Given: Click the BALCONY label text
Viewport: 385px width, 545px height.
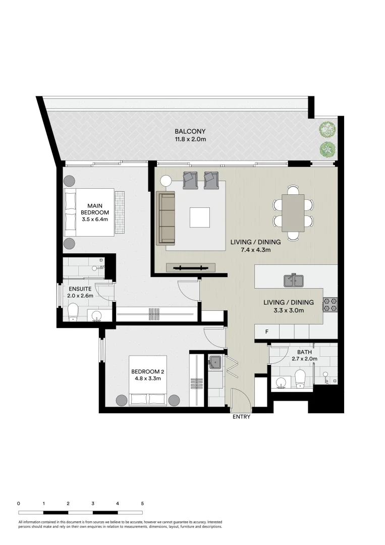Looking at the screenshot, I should click(190, 131).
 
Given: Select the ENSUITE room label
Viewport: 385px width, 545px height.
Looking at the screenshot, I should click(79, 289).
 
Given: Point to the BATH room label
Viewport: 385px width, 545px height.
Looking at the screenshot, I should click(304, 352).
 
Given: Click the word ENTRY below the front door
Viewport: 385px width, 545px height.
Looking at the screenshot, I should click(241, 417).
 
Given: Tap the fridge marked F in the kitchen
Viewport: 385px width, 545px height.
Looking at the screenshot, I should click(267, 332).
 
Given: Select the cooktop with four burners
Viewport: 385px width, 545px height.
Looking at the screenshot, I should click(330, 304).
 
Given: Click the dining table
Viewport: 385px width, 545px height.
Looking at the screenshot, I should click(293, 212).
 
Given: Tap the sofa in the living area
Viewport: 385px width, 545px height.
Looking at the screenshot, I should click(166, 217).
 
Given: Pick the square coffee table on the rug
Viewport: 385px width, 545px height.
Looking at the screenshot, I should click(199, 217).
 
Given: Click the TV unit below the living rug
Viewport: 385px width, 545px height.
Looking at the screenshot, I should click(191, 267).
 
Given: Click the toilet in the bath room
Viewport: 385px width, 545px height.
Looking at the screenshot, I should click(300, 378).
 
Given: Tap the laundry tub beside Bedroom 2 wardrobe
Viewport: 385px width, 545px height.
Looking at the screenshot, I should click(215, 361).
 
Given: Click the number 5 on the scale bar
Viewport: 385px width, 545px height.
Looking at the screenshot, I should click(142, 503).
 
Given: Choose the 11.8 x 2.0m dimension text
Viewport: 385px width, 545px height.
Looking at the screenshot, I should click(190, 139).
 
